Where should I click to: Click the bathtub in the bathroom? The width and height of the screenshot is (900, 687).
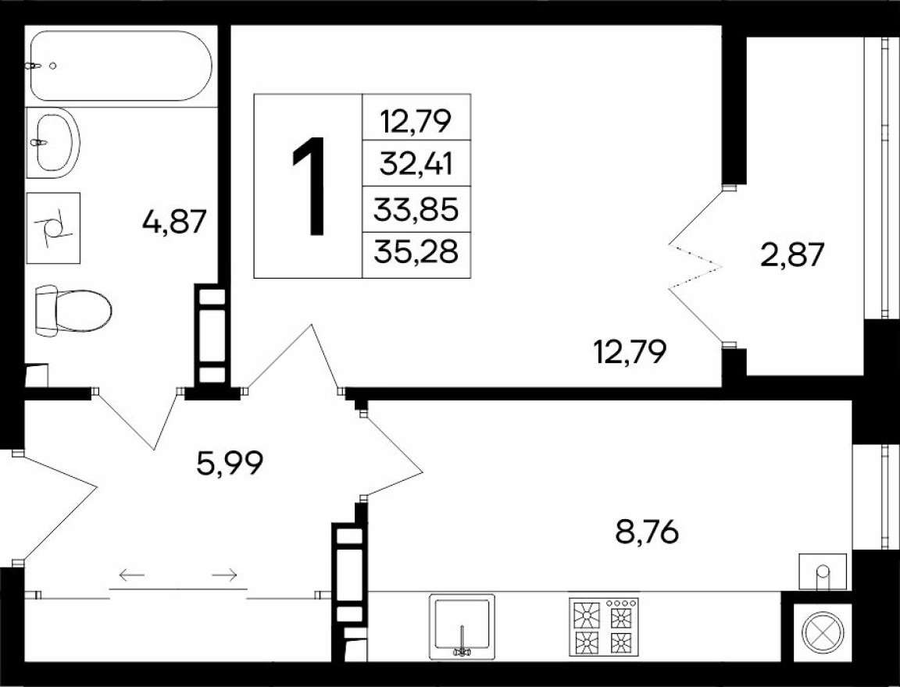point(120,66)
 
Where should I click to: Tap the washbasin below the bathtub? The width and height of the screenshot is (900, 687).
point(53,141)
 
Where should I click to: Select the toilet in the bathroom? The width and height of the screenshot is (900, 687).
point(73,310)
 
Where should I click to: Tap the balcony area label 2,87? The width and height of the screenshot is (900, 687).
point(791,255)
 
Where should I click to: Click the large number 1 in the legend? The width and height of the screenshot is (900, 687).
point(309,186)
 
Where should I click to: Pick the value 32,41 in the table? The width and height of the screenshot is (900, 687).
point(417,164)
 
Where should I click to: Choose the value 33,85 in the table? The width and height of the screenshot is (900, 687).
point(417,208)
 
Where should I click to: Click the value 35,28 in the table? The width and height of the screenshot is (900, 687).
point(417,253)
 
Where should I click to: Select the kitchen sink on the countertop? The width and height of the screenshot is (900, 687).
point(462,627)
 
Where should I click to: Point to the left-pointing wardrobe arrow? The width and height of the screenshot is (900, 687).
point(132,576)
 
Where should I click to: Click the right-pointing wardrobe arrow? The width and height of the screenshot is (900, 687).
point(225,576)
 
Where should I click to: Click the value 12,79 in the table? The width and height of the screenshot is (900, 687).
point(417,120)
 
